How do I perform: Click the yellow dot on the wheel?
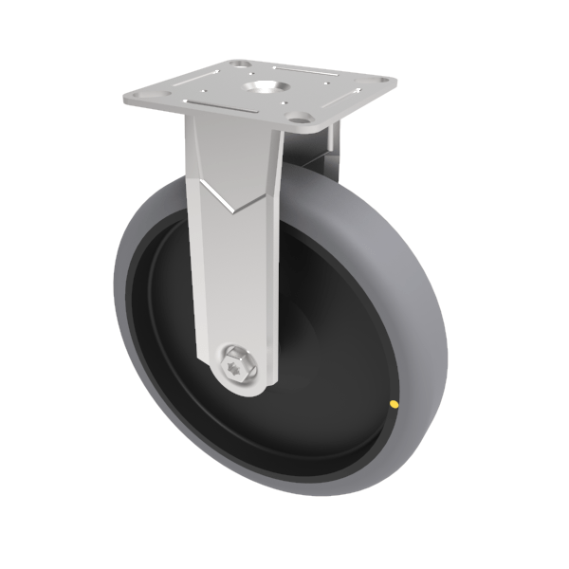pyautogui.click(x=393, y=406)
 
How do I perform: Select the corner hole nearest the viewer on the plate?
pyautogui.click(x=302, y=121)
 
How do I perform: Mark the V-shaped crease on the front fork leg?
pyautogui.click(x=230, y=195)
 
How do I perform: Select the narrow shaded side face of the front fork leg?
pyautogui.click(x=273, y=284)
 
